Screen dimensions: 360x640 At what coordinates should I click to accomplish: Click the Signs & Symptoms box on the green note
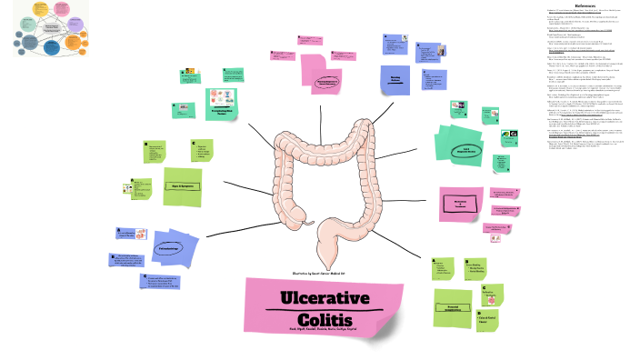point(182,185)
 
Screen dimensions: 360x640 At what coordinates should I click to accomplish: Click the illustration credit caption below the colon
point(325,272)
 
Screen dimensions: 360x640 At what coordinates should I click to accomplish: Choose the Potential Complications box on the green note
point(451,308)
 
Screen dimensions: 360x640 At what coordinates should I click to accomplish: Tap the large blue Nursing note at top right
point(395,80)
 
